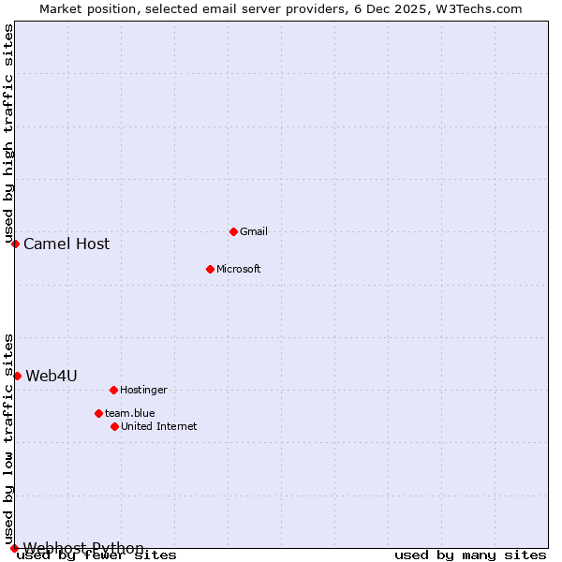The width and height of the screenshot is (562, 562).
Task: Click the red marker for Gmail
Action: pyautogui.click(x=233, y=231)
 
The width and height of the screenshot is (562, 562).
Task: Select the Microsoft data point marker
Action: pyautogui.click(x=210, y=269)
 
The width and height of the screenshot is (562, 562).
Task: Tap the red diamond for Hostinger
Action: pyautogui.click(x=113, y=390)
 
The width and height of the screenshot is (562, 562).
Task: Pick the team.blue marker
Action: pyautogui.click(x=98, y=413)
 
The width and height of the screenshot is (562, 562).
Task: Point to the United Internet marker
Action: pyautogui.click(x=114, y=426)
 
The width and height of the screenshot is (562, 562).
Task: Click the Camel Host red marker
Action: pyautogui.click(x=15, y=244)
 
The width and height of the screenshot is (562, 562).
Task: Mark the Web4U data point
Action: pyautogui.click(x=17, y=376)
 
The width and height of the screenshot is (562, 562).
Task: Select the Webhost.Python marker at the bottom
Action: pyautogui.click(x=14, y=548)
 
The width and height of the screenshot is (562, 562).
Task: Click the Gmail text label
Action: pyautogui.click(x=254, y=231)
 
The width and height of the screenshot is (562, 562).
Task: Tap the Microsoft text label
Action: pyautogui.click(x=238, y=269)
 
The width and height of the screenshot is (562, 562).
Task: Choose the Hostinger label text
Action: pyautogui.click(x=143, y=390)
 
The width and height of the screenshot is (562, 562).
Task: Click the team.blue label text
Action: pyautogui.click(x=130, y=413)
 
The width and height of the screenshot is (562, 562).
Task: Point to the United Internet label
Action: pyautogui.click(x=158, y=426)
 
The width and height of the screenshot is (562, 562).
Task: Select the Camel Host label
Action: pyautogui.click(x=67, y=244)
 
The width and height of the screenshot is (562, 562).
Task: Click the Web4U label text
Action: pyautogui.click(x=52, y=376)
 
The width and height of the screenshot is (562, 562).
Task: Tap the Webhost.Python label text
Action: pyautogui.click(x=83, y=548)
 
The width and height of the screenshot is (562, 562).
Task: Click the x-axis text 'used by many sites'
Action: pyautogui.click(x=470, y=555)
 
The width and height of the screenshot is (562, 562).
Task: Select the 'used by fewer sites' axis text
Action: pyautogui.click(x=96, y=555)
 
